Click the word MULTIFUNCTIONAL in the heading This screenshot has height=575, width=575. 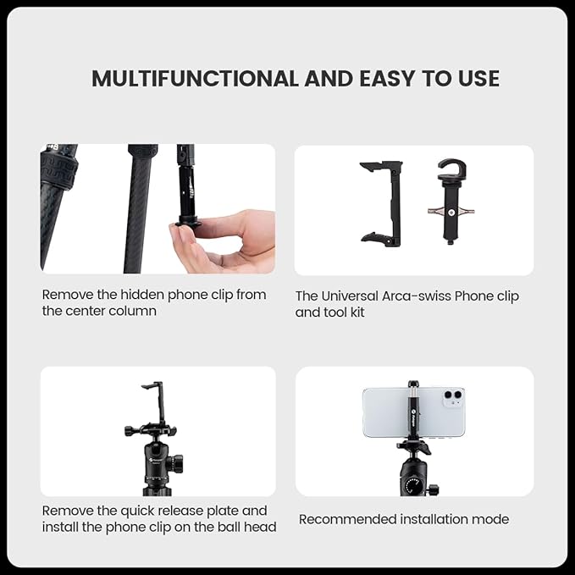[193, 79]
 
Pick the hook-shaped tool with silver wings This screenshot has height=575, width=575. [451, 199]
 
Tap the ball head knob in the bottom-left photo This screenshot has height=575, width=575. [175, 463]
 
